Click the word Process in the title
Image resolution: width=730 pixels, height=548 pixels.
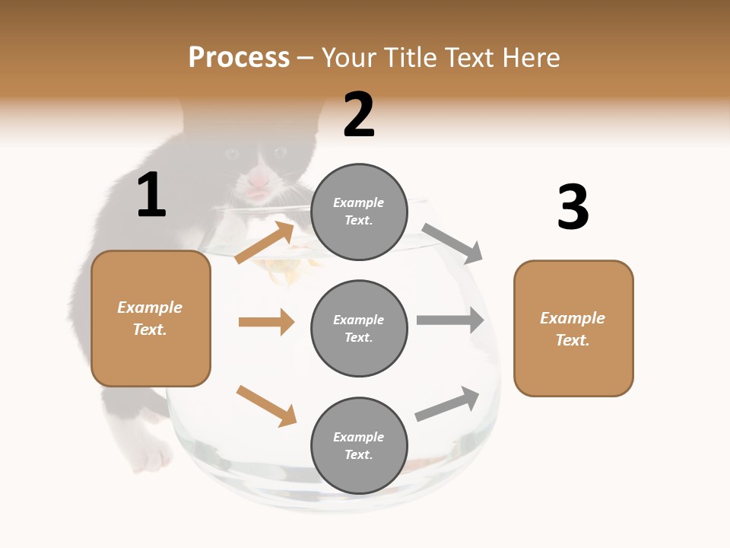[239, 57]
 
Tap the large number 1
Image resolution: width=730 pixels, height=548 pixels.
[151, 196]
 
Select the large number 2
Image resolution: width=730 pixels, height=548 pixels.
[359, 115]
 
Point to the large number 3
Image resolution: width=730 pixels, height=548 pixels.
[573, 208]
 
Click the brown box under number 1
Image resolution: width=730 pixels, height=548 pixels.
[151, 318]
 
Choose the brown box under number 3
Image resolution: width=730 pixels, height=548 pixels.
[573, 329]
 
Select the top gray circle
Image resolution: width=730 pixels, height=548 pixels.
[359, 212]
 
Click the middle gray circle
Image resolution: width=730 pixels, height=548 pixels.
[359, 329]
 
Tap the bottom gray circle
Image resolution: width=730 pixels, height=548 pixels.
[359, 446]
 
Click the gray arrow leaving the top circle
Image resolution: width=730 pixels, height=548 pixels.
[452, 243]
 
